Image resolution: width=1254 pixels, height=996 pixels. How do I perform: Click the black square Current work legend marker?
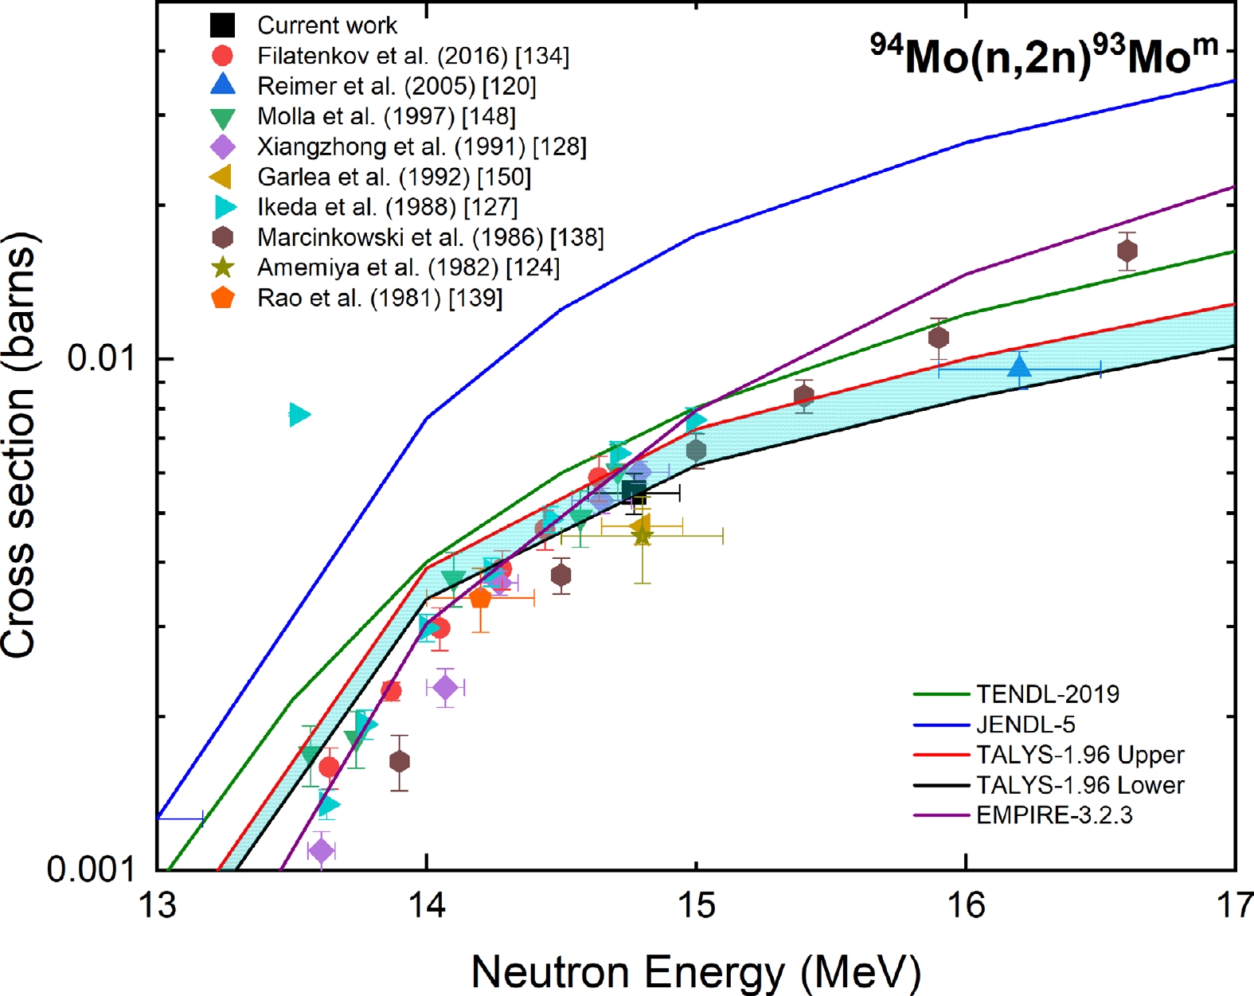[223, 25]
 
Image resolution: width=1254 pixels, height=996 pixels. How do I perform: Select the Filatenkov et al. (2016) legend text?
[412, 56]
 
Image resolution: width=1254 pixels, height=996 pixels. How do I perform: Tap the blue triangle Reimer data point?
[1019, 367]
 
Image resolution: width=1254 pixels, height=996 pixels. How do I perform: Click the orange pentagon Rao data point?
[480, 598]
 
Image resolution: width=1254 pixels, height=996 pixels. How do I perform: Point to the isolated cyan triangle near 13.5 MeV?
[299, 414]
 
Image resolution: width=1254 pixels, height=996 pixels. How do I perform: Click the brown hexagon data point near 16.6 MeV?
[1127, 252]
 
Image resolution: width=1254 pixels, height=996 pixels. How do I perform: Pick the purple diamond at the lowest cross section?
[321, 851]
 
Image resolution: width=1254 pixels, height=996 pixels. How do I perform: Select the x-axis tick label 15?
[696, 905]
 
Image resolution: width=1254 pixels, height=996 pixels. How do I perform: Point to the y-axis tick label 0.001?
[91, 869]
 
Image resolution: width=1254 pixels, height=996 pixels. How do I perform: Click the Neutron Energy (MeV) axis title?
[696, 972]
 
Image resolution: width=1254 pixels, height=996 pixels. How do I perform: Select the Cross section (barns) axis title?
[19, 446]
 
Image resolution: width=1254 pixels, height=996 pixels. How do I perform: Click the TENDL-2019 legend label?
[1047, 694]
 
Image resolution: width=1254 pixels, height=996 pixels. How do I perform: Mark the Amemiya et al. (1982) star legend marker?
[223, 268]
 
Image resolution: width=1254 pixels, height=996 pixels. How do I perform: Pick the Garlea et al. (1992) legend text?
[393, 177]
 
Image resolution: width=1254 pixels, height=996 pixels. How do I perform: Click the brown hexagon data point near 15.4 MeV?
[804, 396]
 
